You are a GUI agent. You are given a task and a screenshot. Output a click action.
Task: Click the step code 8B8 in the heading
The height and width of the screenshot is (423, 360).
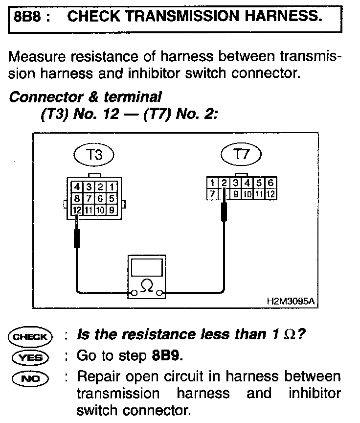(27, 17)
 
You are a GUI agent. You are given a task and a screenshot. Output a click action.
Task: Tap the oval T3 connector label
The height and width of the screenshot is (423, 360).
(94, 156)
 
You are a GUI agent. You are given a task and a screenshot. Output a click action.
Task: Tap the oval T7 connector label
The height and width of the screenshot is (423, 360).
(242, 155)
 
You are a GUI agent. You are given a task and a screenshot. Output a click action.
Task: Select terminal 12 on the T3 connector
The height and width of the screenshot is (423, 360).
(77, 211)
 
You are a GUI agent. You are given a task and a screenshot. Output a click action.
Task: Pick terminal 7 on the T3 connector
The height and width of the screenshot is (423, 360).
(89, 199)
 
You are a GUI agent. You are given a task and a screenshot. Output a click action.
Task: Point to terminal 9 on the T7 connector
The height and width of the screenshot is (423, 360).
(236, 194)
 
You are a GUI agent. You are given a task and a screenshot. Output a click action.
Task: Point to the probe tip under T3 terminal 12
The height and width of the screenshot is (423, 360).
(77, 237)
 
